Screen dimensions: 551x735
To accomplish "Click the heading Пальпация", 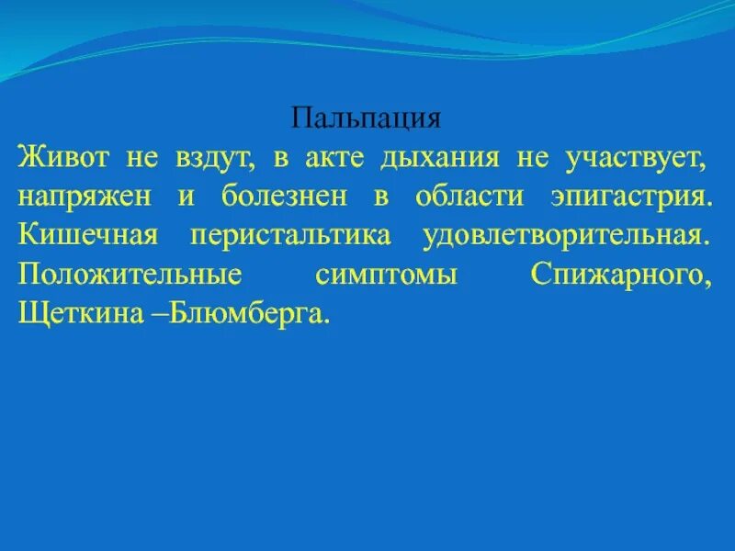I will pos(367,118).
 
